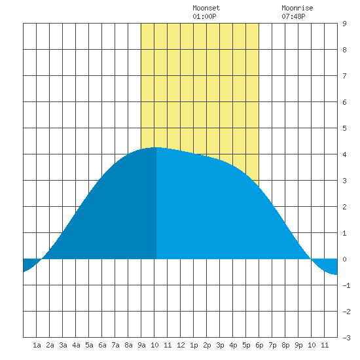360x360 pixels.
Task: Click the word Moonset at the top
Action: pos(206,9)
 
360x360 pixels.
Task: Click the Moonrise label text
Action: pos(297,9)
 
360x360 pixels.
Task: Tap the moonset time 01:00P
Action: pos(204,16)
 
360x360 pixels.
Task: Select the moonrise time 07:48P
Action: pos(293,16)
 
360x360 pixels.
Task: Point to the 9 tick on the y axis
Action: pos(344,24)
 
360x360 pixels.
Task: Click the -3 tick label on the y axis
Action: pos(346,338)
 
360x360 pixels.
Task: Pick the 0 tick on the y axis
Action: pos(344,259)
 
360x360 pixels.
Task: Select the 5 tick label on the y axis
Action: pos(344,128)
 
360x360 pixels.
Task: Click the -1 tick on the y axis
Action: pos(346,285)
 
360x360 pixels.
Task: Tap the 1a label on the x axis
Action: pos(37,345)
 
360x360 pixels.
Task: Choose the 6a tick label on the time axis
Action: pos(102,345)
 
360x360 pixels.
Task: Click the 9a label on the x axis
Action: pos(141,345)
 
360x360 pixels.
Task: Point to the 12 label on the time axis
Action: pos(181,345)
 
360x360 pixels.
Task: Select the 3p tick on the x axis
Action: pos(220,345)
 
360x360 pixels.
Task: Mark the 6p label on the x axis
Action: pos(259,345)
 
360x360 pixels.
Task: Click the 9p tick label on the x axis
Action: pos(298,345)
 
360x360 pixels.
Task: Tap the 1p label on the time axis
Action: pos(194,345)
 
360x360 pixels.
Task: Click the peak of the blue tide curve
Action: pos(156,147)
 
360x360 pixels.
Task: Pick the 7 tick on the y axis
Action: pos(344,76)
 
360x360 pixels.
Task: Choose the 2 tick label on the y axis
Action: pos(344,207)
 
